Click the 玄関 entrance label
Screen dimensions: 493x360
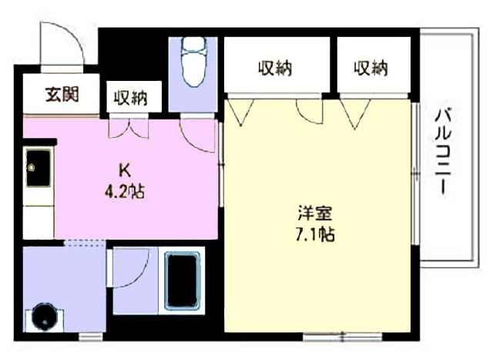(62, 94)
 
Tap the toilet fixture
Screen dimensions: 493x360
(193, 62)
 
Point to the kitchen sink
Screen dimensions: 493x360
(39, 168)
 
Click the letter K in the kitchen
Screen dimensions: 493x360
(125, 171)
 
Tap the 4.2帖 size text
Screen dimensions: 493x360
(125, 191)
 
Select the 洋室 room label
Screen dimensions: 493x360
(315, 214)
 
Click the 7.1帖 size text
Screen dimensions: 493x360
(315, 234)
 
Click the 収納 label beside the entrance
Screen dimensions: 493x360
(130, 98)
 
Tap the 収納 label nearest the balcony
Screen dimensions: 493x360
(371, 68)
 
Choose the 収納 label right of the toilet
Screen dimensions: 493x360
(276, 68)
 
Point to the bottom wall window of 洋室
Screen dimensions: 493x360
(342, 337)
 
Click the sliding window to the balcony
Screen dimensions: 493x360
(416, 173)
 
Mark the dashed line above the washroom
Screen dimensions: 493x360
(84, 243)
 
